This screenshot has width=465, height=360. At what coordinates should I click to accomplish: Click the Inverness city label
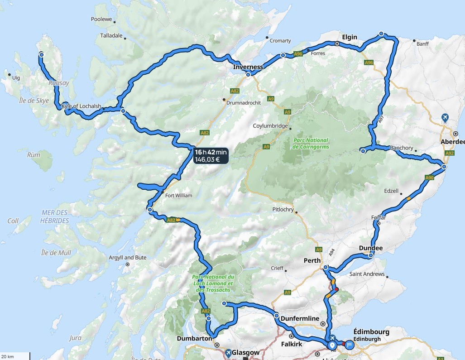point(248,67)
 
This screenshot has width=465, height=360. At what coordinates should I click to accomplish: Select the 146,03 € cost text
point(207,159)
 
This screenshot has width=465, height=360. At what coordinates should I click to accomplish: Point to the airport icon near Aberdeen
point(445,118)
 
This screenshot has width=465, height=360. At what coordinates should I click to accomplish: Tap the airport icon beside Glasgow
point(229,352)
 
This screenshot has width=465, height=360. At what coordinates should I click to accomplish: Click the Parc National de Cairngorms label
point(311,144)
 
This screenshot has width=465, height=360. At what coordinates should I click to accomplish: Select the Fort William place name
point(178,196)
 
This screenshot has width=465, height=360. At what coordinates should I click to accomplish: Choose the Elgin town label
point(350,37)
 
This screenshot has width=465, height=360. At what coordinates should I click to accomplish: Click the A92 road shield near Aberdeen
point(449,154)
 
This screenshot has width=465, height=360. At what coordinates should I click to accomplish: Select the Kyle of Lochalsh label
point(81,106)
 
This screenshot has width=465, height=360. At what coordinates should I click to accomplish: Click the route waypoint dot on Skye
point(41,54)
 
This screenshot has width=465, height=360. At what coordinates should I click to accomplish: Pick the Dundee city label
point(370,248)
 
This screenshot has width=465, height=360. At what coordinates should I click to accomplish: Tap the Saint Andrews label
point(367,274)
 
